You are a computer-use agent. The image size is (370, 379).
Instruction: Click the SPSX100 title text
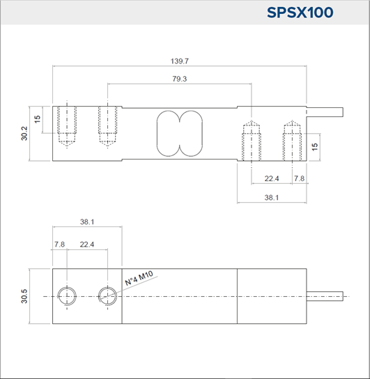[x=300, y=13]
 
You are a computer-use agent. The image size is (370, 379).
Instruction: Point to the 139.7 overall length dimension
[x=179, y=61]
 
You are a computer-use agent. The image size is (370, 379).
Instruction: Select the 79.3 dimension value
[x=179, y=79]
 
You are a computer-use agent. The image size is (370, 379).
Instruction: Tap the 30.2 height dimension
[x=24, y=133]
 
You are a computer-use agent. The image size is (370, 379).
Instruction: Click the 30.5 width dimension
[x=24, y=296]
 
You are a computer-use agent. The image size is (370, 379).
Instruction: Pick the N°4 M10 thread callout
[x=139, y=278]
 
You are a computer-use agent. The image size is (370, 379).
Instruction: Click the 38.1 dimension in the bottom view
[x=87, y=222]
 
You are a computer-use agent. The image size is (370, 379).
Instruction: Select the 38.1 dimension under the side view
[x=272, y=197]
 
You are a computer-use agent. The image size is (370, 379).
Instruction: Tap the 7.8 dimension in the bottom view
[x=59, y=245]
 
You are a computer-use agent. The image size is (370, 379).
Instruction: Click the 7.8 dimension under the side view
[x=299, y=178]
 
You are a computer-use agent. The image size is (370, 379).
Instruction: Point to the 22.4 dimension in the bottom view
[x=87, y=245]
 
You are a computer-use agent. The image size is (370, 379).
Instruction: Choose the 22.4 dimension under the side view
[x=272, y=178]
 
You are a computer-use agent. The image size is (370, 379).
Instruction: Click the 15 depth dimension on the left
[x=37, y=119]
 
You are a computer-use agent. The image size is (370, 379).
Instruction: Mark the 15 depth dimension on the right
[x=315, y=146]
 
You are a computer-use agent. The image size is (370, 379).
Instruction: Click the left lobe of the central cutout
[x=157, y=134]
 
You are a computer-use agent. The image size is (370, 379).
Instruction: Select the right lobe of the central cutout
[x=202, y=134]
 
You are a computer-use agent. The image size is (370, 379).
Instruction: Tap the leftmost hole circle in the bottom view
[x=67, y=287]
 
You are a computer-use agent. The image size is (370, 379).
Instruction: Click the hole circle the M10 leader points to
[x=108, y=287]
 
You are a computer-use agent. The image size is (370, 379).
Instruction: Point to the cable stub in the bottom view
[x=325, y=296]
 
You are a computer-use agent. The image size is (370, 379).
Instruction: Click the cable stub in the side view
[x=325, y=112]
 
